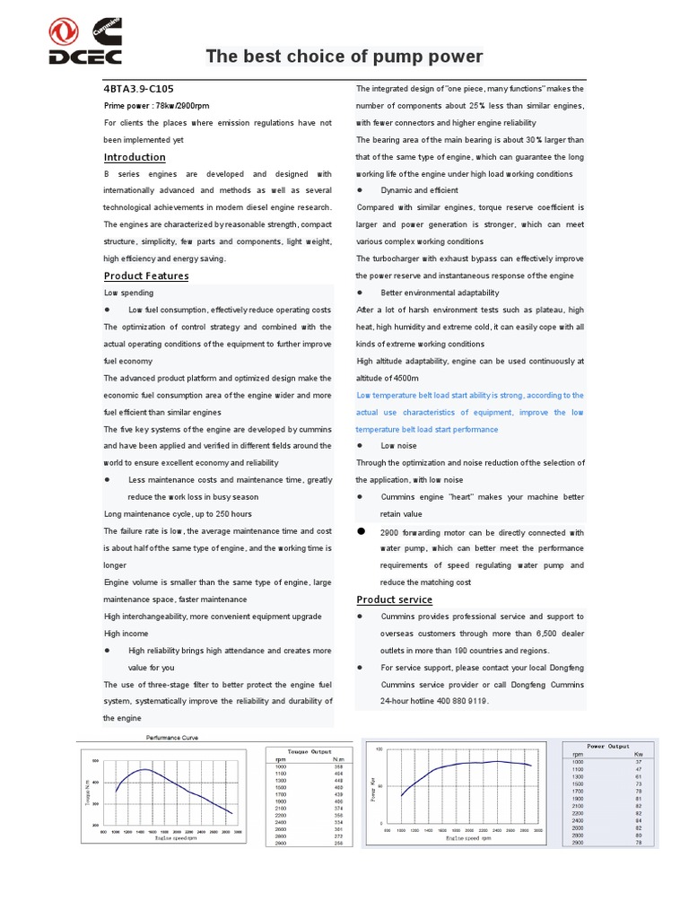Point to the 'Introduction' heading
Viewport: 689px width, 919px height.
tap(135, 157)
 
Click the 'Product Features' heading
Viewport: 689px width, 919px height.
tap(146, 276)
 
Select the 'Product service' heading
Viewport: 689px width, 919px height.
tap(394, 600)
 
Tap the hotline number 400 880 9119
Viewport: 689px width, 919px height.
tap(461, 701)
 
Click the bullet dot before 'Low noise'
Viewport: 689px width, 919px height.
tap(360, 445)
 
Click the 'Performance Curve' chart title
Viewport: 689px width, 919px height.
tap(171, 738)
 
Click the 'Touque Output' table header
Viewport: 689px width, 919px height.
tap(310, 751)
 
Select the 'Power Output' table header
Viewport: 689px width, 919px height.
tap(607, 746)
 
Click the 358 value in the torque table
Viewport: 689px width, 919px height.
tap(337, 766)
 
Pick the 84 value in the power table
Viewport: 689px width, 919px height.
tap(639, 820)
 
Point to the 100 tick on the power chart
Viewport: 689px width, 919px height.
tap(379, 748)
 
